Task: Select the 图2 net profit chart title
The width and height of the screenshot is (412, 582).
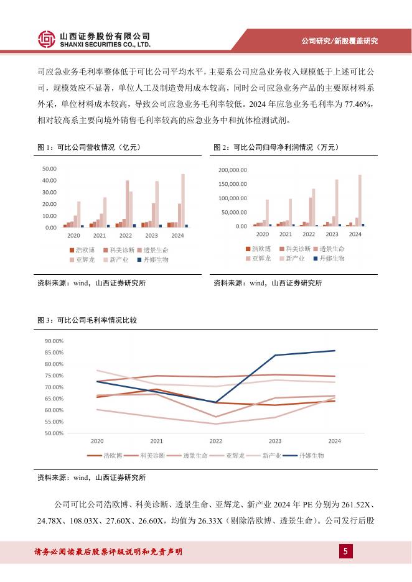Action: (268, 147)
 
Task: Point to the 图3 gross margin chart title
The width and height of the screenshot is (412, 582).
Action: (87, 320)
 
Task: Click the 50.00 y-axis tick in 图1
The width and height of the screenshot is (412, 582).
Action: (49, 169)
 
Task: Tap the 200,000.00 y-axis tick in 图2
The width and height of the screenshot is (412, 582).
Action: (233, 169)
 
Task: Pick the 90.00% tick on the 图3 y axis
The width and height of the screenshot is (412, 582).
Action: (54, 341)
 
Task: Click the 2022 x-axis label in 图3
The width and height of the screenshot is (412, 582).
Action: (215, 441)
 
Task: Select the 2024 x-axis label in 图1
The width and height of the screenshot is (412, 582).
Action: (177, 236)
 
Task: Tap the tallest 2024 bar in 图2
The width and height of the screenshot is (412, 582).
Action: (360, 200)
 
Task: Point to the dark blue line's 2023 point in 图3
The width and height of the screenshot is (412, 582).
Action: (275, 355)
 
